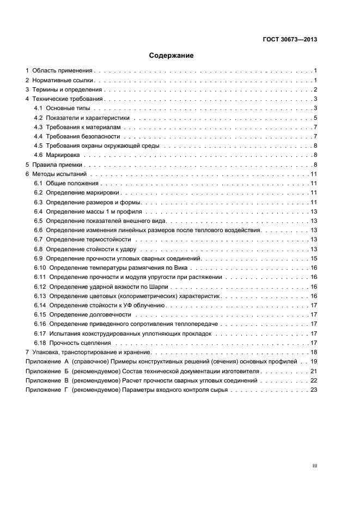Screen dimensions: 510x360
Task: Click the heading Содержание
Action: (172, 56)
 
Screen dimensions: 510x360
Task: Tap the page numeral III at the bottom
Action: (314, 466)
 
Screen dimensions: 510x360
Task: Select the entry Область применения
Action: (63, 71)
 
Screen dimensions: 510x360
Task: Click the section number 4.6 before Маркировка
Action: (38, 155)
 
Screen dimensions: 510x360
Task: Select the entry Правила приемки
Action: (57, 165)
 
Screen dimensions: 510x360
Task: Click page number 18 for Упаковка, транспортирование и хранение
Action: (314, 352)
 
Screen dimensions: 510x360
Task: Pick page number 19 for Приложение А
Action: (314, 361)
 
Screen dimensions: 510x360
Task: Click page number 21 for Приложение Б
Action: (314, 371)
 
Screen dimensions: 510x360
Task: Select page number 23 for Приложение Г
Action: (314, 390)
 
